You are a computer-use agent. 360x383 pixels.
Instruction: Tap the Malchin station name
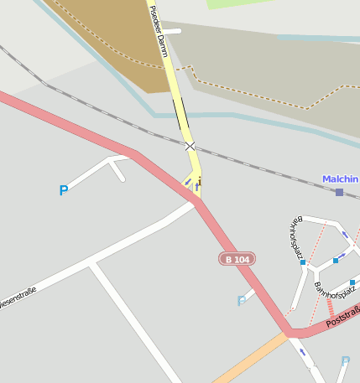(x=340, y=179)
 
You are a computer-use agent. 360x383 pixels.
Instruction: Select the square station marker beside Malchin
(x=339, y=193)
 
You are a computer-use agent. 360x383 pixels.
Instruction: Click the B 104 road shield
(x=237, y=260)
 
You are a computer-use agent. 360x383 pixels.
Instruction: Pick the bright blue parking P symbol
(x=63, y=191)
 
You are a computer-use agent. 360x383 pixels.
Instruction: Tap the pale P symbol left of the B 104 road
(x=242, y=301)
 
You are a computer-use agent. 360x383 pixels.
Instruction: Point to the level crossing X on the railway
(x=190, y=147)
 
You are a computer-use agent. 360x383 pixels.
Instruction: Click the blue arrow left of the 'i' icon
(x=188, y=181)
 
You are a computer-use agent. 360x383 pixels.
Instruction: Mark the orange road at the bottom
(x=248, y=359)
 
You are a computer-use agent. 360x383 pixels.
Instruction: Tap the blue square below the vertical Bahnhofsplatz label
(x=303, y=262)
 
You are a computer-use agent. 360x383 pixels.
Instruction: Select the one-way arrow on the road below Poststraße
(x=302, y=353)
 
